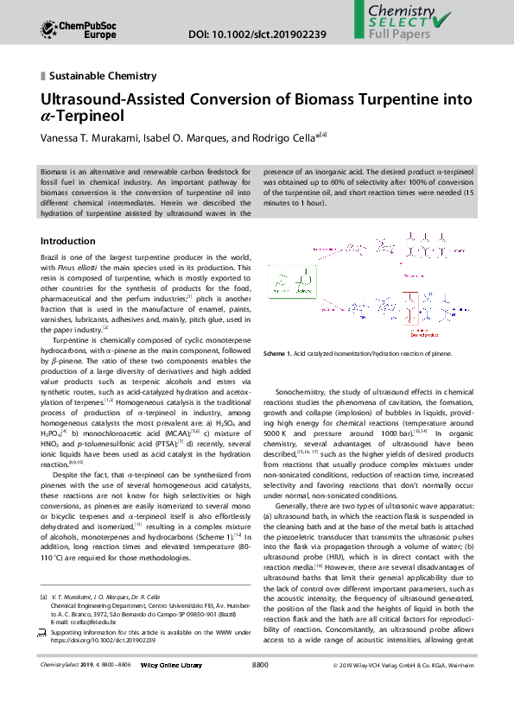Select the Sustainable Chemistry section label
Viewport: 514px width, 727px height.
click(x=103, y=76)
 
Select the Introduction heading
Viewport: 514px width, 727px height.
click(x=68, y=241)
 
